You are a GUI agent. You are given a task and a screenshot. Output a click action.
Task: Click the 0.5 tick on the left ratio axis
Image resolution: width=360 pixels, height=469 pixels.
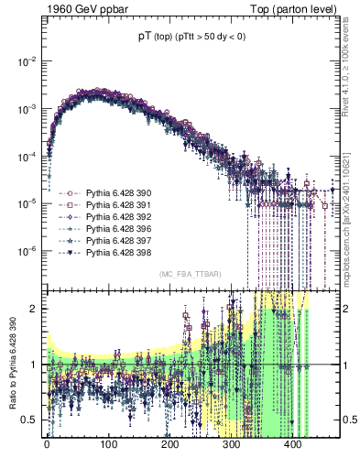[x=27, y=420]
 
